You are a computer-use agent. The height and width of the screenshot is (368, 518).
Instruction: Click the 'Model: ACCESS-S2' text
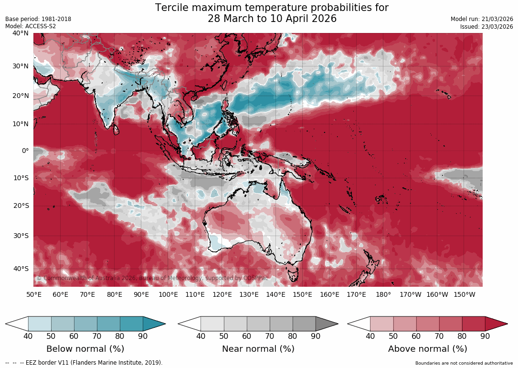(31, 26)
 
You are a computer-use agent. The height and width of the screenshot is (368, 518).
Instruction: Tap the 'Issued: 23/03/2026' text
(486, 27)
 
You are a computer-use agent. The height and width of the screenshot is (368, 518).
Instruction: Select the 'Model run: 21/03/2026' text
(482, 19)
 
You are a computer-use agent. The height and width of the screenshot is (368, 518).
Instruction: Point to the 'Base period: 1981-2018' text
(38, 19)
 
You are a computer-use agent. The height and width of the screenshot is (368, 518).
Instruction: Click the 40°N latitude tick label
(21, 33)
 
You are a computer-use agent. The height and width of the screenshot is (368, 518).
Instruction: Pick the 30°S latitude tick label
(21, 236)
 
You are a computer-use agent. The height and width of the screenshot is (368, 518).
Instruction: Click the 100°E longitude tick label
(168, 295)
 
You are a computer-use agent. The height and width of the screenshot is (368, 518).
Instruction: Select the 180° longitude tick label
(383, 295)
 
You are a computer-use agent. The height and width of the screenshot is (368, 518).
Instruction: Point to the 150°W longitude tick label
(464, 295)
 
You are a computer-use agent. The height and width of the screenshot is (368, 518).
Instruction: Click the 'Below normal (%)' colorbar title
(85, 349)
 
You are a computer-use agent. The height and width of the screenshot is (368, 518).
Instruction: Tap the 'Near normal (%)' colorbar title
(258, 349)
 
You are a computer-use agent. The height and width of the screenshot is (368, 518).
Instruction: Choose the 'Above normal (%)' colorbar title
(427, 349)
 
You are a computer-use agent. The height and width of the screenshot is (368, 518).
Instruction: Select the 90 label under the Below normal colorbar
(143, 336)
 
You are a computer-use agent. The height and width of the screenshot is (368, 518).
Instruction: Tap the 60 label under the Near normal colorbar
(246, 336)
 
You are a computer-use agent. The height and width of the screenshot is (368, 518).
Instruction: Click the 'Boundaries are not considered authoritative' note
(464, 363)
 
